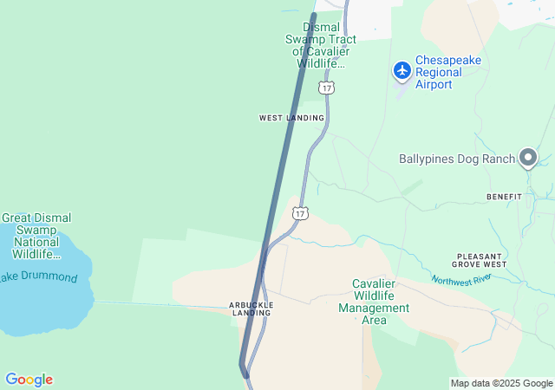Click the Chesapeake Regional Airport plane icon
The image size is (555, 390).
(402, 69)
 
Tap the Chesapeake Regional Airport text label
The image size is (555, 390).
(447, 72)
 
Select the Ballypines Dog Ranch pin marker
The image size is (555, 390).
(528, 157)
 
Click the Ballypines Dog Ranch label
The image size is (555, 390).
(456, 159)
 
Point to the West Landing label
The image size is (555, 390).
(291, 118)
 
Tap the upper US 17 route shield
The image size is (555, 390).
(325, 88)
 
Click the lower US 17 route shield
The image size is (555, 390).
(300, 212)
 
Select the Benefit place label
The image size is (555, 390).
(504, 197)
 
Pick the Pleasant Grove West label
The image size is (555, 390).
(478, 260)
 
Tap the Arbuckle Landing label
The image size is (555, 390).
(251, 309)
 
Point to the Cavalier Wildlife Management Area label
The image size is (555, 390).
(374, 302)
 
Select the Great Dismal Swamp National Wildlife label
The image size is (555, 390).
(36, 237)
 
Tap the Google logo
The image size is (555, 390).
(29, 380)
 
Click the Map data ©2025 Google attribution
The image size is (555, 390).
(501, 383)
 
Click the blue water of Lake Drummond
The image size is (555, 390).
(43, 308)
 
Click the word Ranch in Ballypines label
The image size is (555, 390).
(496, 159)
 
